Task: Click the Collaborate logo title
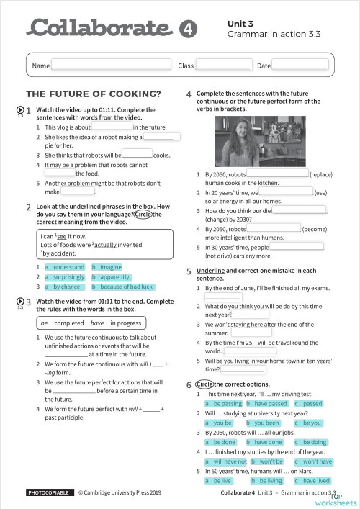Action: point(100,28)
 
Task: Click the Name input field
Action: point(110,66)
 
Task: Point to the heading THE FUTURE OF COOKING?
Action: point(93,94)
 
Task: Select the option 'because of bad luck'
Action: point(127,287)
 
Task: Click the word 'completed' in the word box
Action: point(69,323)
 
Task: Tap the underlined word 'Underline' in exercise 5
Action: point(211,271)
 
